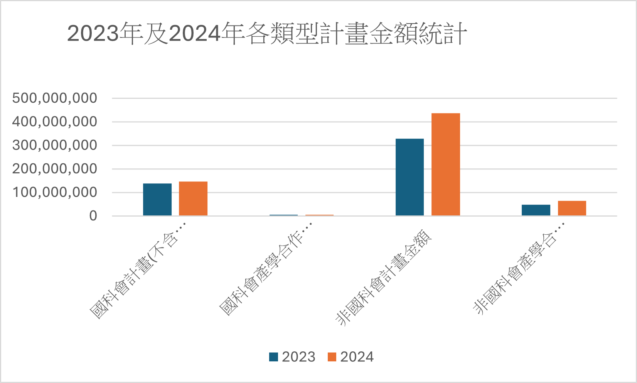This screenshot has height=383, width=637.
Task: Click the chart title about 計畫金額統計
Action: (x=267, y=34)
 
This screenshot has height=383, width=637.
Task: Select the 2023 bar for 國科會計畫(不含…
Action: (x=157, y=199)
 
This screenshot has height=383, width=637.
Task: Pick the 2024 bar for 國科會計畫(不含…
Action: (x=193, y=198)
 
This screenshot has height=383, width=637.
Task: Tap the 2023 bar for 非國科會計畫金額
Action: (x=410, y=177)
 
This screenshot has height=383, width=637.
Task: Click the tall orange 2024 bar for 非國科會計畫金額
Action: (x=445, y=164)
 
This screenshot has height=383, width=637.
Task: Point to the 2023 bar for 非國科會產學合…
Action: (x=536, y=210)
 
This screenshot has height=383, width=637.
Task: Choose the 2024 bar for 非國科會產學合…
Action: (x=572, y=208)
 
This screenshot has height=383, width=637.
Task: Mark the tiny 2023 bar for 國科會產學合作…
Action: (x=283, y=215)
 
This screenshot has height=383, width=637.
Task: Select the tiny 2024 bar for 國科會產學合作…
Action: (x=319, y=215)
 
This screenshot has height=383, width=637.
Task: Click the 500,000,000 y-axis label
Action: (x=54, y=98)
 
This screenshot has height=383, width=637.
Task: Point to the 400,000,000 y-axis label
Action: (x=54, y=122)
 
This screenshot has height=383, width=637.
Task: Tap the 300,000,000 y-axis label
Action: (x=54, y=145)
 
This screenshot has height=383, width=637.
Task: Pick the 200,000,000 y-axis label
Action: (x=54, y=169)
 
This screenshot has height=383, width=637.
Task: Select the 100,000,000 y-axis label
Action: (x=54, y=192)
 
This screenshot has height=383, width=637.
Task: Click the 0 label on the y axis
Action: (x=93, y=216)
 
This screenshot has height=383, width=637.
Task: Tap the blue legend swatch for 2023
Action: (x=273, y=357)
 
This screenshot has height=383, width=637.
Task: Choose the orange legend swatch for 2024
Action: (x=332, y=357)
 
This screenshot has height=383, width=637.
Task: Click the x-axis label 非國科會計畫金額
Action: (x=383, y=278)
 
